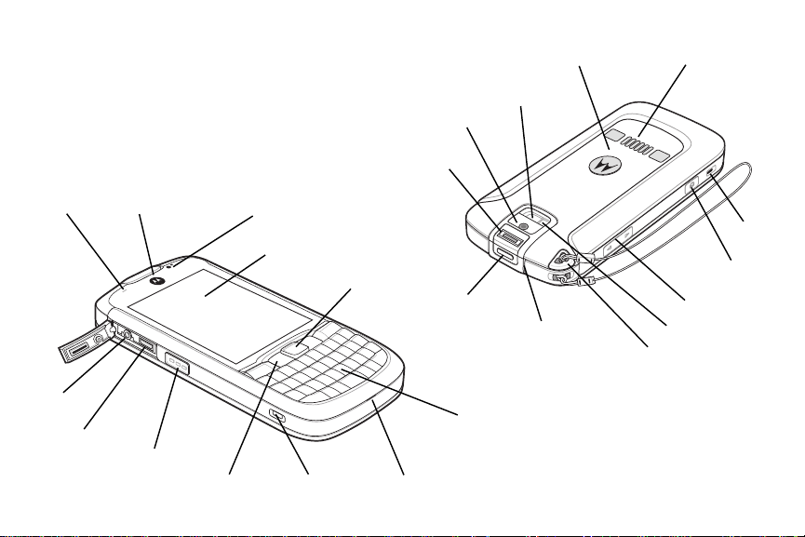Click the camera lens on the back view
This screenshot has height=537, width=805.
[x=524, y=226]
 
